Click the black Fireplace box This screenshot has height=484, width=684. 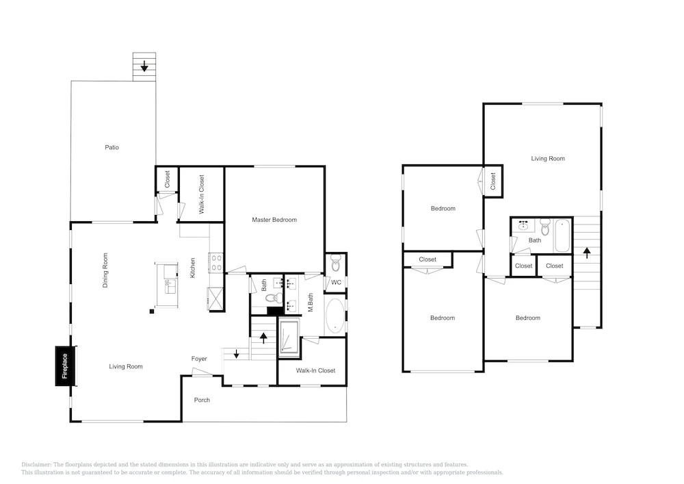pyautogui.click(x=66, y=366)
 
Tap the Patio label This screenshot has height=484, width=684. pyautogui.click(x=111, y=147)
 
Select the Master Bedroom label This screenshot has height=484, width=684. pyautogui.click(x=274, y=220)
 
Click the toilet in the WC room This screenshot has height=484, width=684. pyautogui.click(x=335, y=263)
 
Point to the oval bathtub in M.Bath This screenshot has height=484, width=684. pyautogui.click(x=335, y=316)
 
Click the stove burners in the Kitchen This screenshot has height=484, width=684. pyautogui.click(x=216, y=263)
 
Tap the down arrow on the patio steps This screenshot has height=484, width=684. pyautogui.click(x=144, y=67)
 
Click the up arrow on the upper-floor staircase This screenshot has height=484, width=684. pyautogui.click(x=587, y=252)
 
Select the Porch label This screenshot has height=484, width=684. pyautogui.click(x=202, y=400)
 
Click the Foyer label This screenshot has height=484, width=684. pyautogui.click(x=199, y=359)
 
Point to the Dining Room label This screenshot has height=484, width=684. pyautogui.click(x=105, y=270)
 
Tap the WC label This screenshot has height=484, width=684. pyautogui.click(x=336, y=282)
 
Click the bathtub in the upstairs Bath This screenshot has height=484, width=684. pyautogui.click(x=562, y=235)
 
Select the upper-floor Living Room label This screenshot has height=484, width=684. pyautogui.click(x=548, y=158)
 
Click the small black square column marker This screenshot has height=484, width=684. pyautogui.click(x=152, y=311)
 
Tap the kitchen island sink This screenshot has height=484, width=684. pyautogui.click(x=170, y=287)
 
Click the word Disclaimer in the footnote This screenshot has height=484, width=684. pyautogui.click(x=36, y=465)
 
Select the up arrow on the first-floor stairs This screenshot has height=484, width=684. pyautogui.click(x=263, y=337)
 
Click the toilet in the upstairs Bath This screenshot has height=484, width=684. pyautogui.click(x=545, y=227)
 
